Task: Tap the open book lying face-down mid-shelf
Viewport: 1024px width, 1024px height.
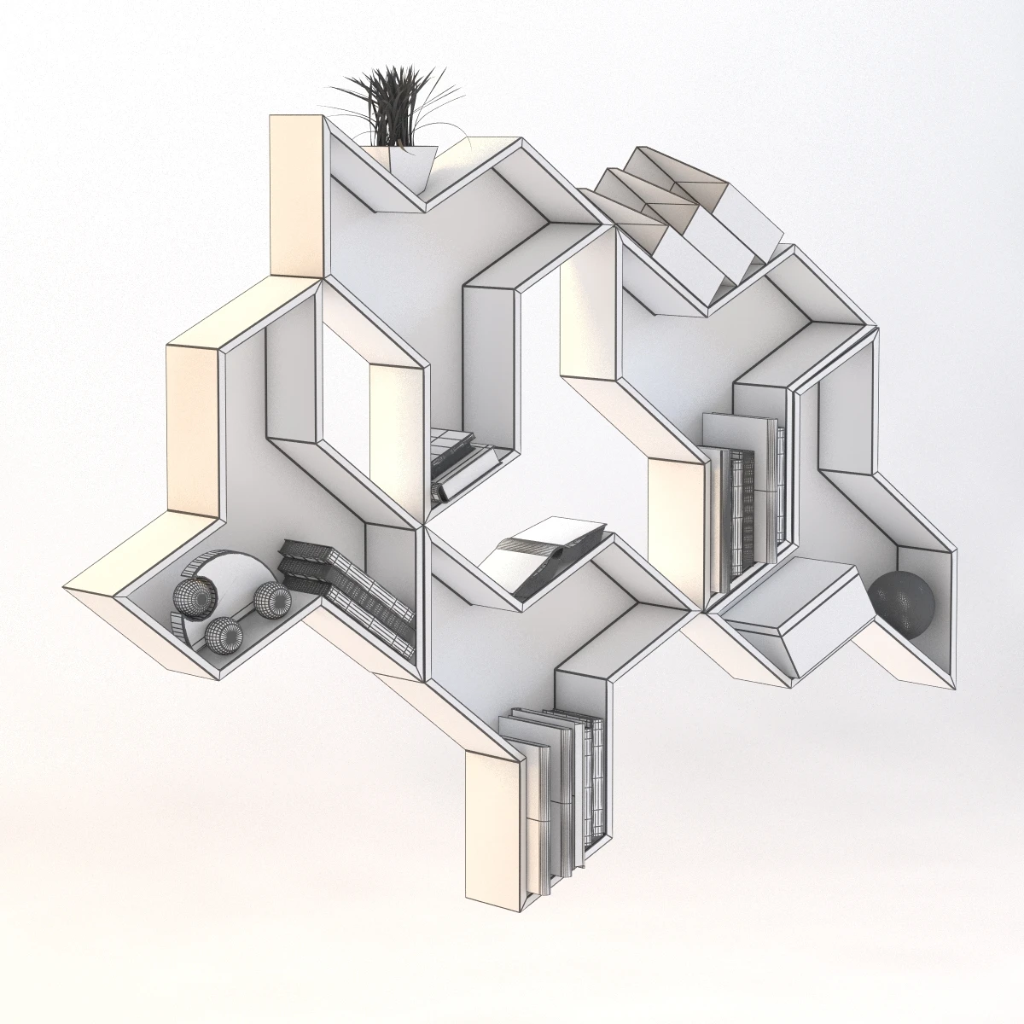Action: pyautogui.click(x=546, y=555)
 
